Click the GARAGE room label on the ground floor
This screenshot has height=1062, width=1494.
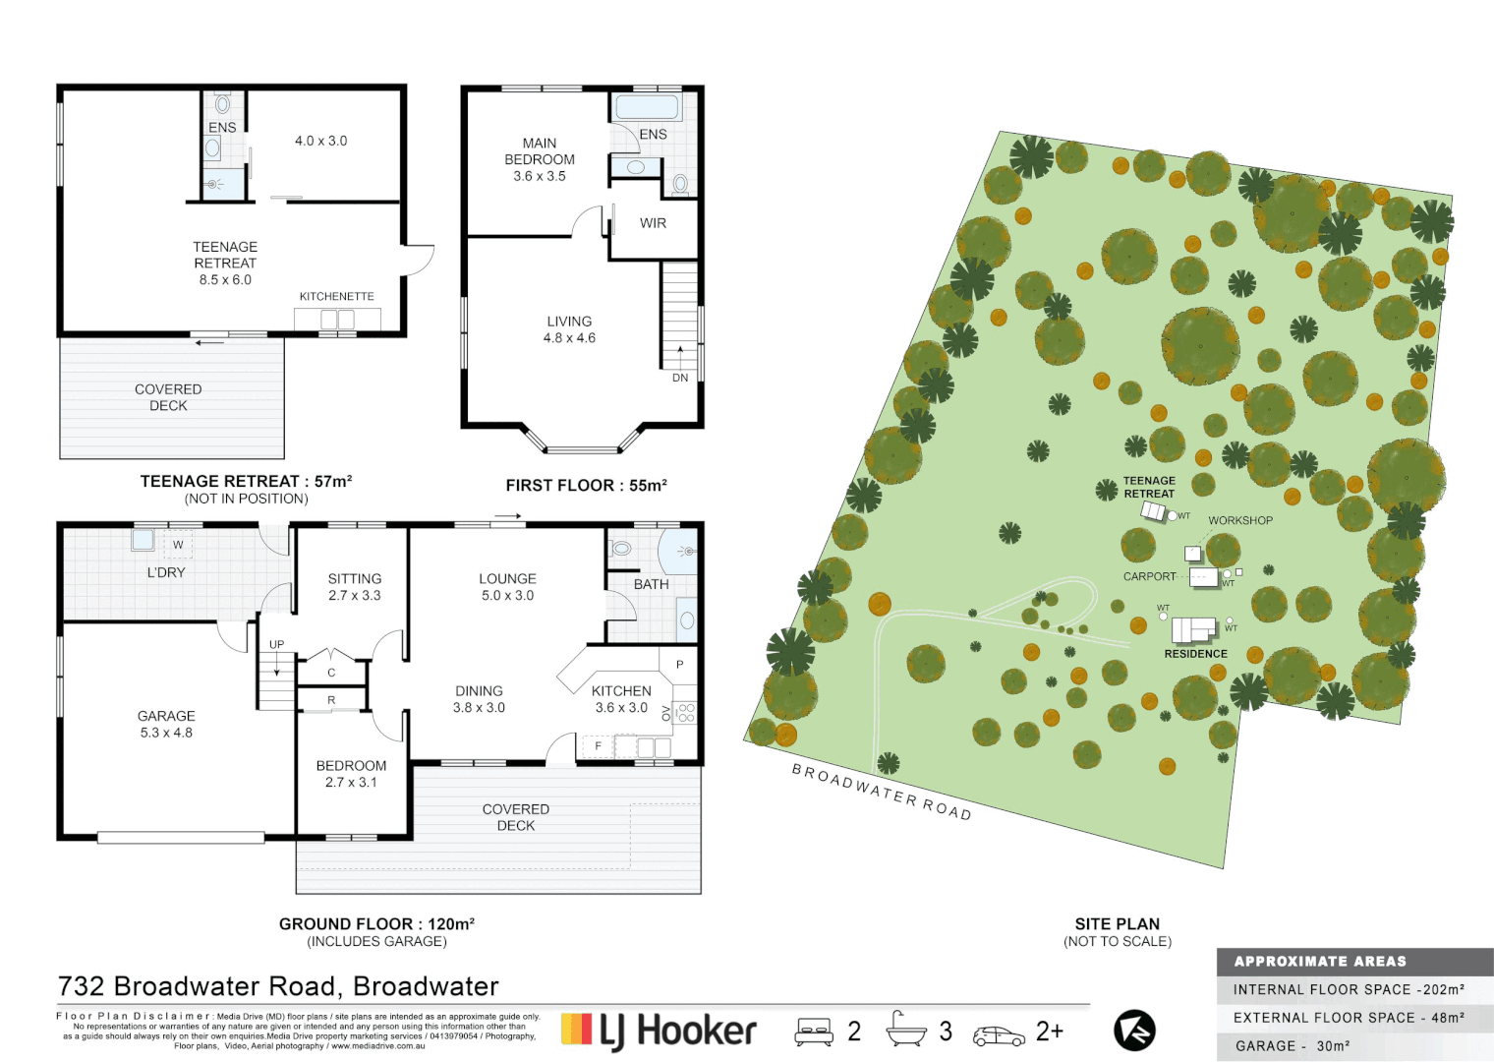(x=166, y=717)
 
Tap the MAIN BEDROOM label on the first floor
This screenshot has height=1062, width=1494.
(x=540, y=151)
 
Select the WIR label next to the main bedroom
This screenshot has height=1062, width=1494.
(x=653, y=223)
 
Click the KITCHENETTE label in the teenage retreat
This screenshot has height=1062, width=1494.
(x=336, y=296)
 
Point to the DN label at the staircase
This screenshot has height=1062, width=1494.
(x=680, y=378)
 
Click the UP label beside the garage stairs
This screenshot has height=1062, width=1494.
(x=277, y=645)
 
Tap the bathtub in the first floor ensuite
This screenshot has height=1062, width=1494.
(x=646, y=107)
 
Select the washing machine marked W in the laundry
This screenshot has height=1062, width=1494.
(x=178, y=544)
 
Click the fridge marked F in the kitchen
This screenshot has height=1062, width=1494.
(x=598, y=746)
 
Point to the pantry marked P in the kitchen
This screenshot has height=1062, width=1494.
(x=679, y=665)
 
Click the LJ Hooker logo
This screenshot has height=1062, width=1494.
(x=659, y=1031)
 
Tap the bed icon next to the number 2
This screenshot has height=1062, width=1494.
(x=814, y=1032)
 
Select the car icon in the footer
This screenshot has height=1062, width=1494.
(x=999, y=1035)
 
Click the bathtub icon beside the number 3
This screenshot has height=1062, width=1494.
(x=905, y=1030)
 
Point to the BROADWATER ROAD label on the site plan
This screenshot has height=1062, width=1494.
(x=882, y=792)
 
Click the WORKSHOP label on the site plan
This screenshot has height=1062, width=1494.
(x=1240, y=520)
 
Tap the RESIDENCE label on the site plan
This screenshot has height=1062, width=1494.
(x=1195, y=654)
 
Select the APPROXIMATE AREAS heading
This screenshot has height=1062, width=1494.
(x=1320, y=962)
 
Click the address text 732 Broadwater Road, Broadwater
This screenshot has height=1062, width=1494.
(x=278, y=986)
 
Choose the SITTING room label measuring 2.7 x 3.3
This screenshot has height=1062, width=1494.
(x=354, y=579)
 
